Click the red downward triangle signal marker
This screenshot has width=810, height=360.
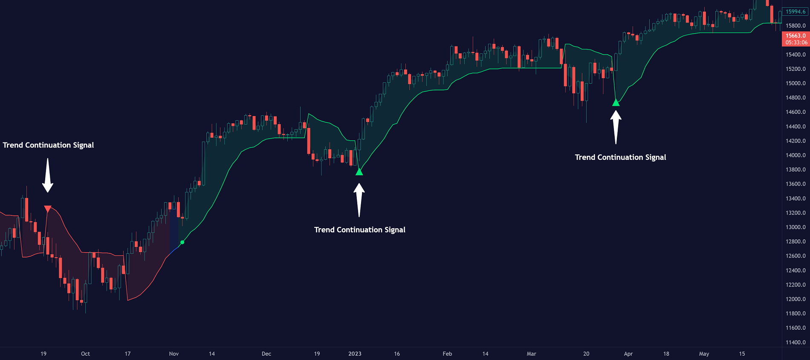48,209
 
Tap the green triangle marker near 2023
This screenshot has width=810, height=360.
359,172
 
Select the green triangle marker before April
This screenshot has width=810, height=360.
616,102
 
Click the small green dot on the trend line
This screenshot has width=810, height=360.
182,242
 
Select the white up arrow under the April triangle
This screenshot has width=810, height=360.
616,127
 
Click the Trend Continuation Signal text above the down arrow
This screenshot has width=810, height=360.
48,145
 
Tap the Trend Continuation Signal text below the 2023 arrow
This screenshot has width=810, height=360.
360,230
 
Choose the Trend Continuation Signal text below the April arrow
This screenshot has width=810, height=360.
620,157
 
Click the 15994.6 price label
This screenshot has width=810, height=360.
796,12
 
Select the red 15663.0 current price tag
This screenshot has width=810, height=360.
796,39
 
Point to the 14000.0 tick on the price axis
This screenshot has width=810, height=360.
796,155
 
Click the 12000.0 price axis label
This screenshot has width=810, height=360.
796,299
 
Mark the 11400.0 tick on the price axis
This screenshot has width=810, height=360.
796,342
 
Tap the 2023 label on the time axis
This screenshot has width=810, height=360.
355,354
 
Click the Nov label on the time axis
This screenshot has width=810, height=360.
174,354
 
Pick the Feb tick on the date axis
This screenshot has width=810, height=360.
447,354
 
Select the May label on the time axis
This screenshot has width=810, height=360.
704,354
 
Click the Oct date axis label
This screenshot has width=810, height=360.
85,354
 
